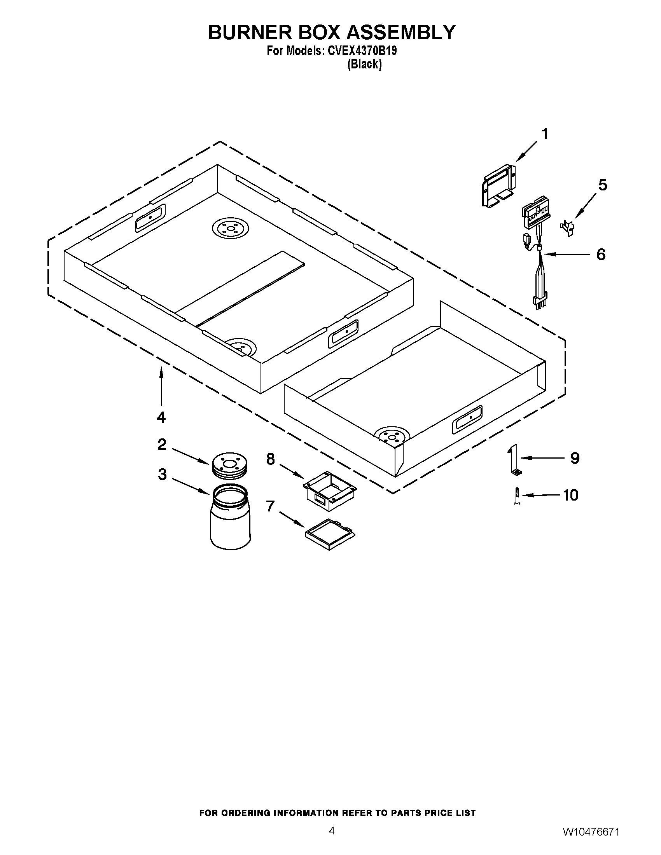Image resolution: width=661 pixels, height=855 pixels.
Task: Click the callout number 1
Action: [x=544, y=134]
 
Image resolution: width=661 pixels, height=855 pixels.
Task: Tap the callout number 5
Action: [x=603, y=185]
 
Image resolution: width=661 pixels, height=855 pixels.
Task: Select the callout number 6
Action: [x=601, y=255]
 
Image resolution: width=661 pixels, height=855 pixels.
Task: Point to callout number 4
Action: [x=161, y=417]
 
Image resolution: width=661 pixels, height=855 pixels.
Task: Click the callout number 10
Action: [x=570, y=495]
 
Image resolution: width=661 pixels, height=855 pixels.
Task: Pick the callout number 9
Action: [x=574, y=458]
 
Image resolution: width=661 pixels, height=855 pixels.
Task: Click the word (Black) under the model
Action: [x=364, y=64]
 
